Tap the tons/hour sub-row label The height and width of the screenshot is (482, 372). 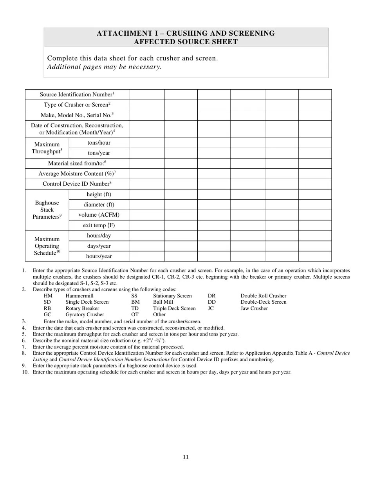[x=99, y=143]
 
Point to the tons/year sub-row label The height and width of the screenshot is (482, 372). [x=99, y=153]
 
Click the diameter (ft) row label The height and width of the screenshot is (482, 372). [x=99, y=205]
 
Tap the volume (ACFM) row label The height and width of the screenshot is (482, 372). [x=99, y=215]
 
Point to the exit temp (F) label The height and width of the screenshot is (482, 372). [x=99, y=225]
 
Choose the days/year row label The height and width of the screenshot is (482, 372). [x=99, y=246]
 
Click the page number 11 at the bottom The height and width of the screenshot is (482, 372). [x=186, y=457]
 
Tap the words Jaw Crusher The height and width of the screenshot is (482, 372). [x=254, y=308]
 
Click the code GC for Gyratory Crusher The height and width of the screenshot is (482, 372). [x=48, y=315]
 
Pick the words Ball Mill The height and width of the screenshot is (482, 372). [x=163, y=302]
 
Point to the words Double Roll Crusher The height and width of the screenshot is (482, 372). [x=263, y=296]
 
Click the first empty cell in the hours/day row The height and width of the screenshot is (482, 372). [x=146, y=236]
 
